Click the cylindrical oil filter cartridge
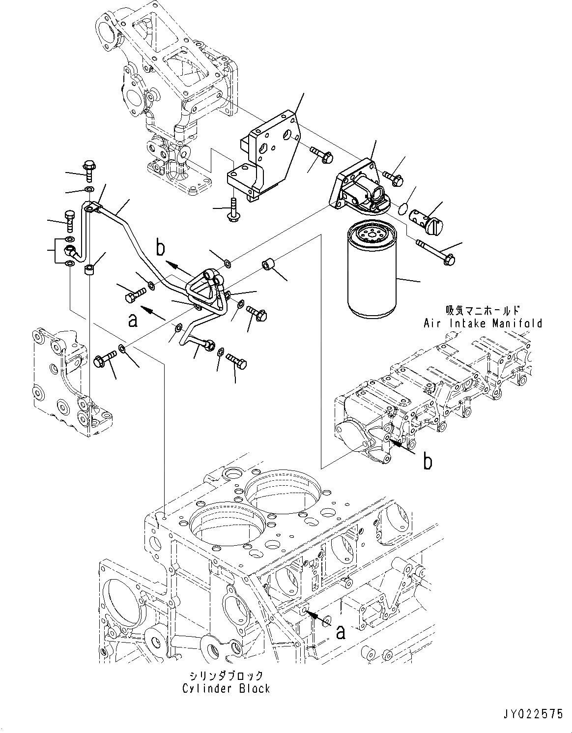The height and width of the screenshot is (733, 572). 372,275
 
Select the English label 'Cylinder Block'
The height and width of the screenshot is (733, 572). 226,688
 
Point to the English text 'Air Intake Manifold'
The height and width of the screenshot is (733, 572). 483,323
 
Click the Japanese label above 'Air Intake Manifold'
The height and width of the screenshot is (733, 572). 482,310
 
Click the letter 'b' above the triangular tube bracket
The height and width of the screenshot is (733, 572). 160,248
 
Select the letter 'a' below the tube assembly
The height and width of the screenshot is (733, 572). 132,321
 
